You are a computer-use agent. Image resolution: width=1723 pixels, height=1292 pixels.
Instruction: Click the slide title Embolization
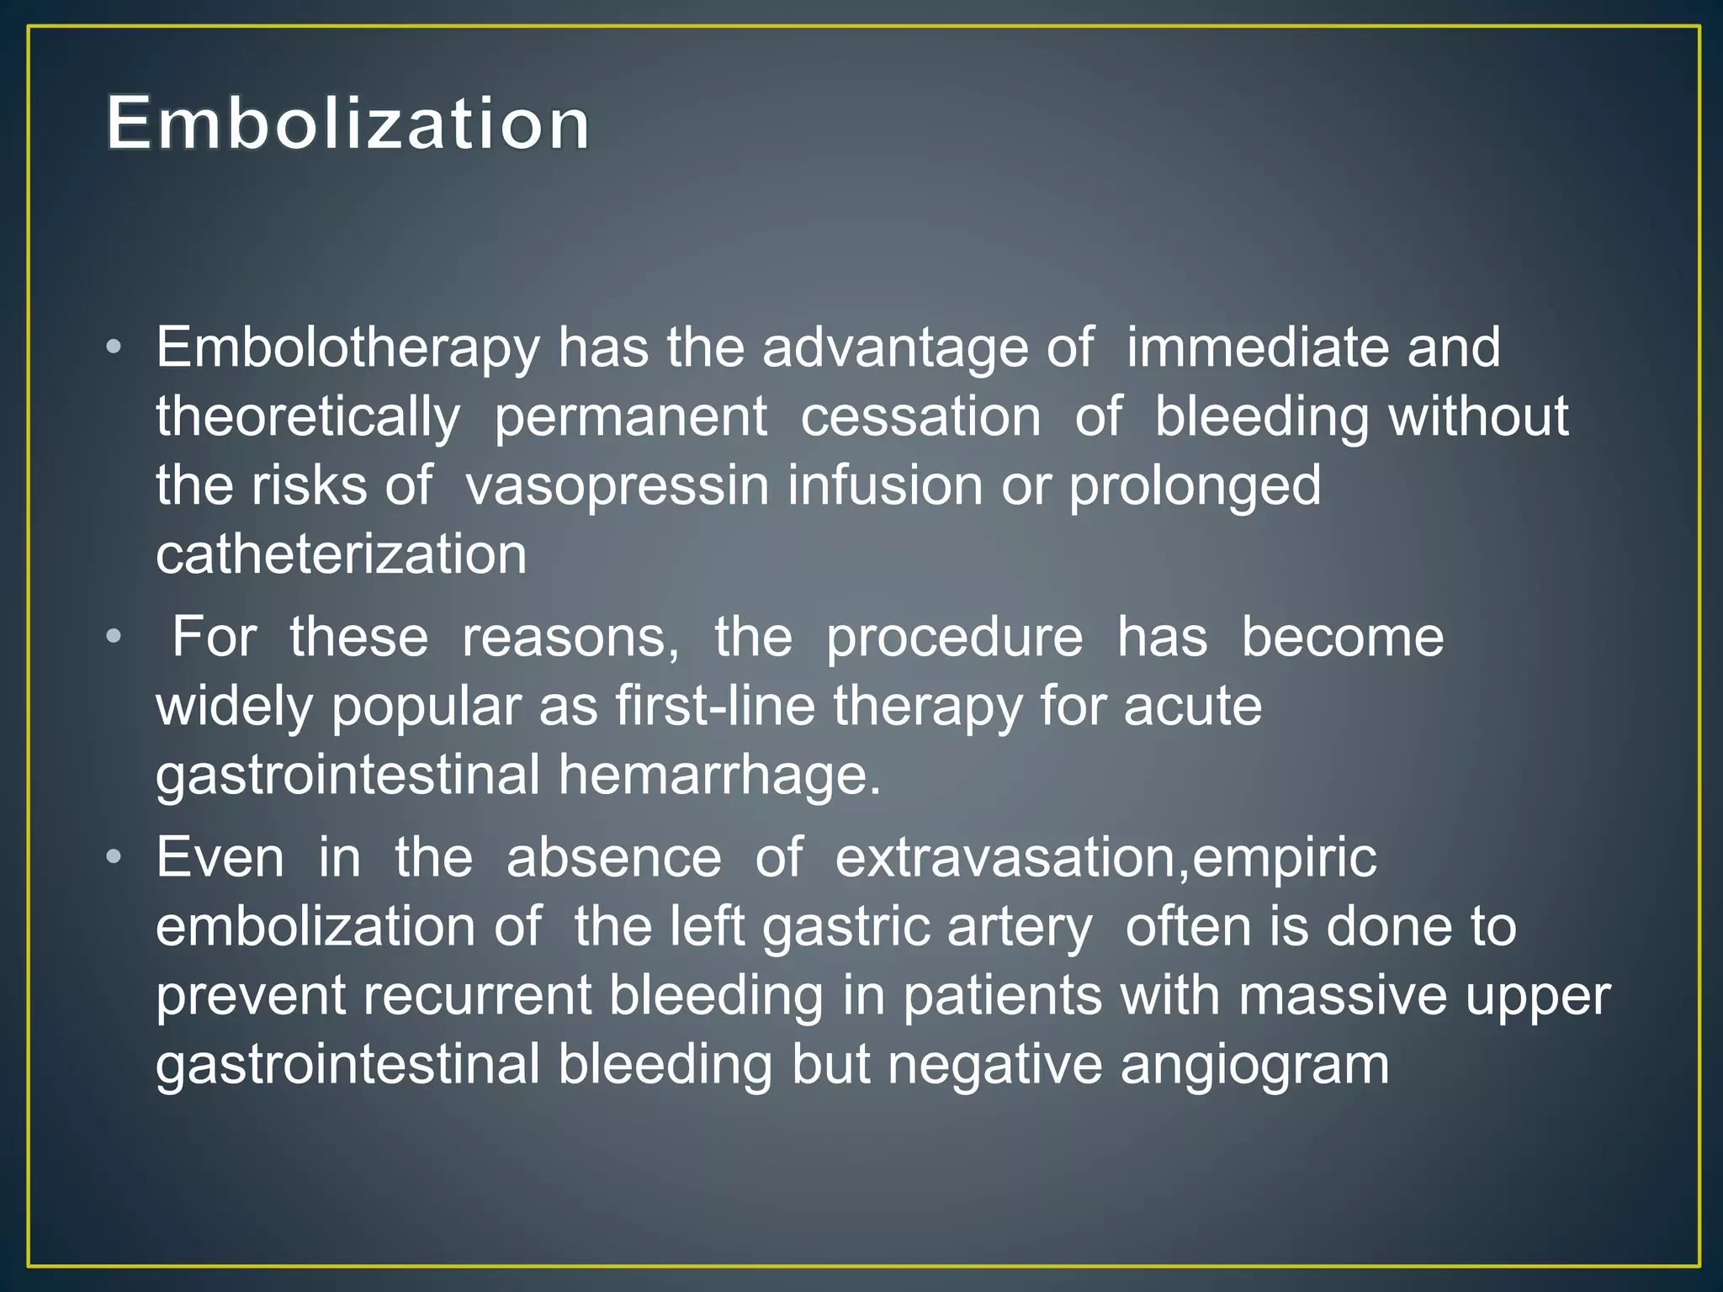(x=348, y=124)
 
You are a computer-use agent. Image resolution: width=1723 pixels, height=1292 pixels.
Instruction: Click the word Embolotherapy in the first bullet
(x=347, y=347)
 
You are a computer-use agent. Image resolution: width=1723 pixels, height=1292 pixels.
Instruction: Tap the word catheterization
(x=342, y=554)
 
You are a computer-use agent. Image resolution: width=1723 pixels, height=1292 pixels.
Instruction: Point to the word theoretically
(x=308, y=417)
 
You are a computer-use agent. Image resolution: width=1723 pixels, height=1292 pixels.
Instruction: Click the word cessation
(x=920, y=417)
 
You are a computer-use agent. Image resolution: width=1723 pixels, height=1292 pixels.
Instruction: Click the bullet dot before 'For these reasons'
(x=114, y=637)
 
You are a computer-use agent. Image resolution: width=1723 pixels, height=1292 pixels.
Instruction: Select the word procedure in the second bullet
(x=954, y=638)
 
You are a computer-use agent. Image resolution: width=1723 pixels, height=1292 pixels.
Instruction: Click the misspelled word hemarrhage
(x=718, y=774)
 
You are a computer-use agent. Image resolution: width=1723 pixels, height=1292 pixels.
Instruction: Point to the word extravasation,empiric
(x=1105, y=858)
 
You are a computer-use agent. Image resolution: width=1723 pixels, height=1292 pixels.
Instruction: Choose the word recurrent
(x=478, y=996)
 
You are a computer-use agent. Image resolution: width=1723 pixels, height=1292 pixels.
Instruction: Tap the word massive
(x=1343, y=996)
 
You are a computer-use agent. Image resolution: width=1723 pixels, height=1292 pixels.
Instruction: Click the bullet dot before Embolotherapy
(x=114, y=347)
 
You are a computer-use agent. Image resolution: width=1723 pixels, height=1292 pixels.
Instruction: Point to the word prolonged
(x=1195, y=486)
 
